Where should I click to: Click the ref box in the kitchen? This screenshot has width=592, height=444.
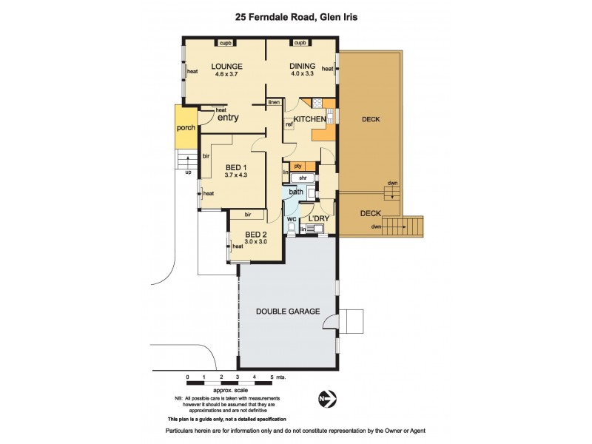click(x=289, y=124)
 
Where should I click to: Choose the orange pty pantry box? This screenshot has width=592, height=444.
click(x=298, y=166)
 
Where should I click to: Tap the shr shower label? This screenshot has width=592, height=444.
click(x=302, y=178)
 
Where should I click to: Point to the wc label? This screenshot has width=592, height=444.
click(x=292, y=218)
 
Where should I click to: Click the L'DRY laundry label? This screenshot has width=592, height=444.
click(x=318, y=219)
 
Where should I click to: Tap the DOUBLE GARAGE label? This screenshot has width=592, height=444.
click(x=289, y=312)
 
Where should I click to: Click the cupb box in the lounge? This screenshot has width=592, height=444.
click(x=226, y=43)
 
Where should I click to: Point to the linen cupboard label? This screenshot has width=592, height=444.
click(x=274, y=102)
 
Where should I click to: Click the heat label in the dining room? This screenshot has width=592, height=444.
click(x=327, y=70)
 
